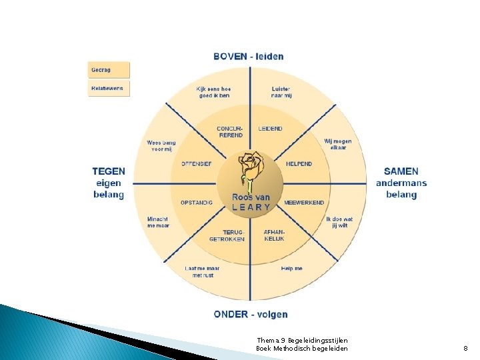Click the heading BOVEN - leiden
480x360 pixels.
coord(249,56)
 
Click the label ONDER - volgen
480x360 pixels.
coord(251,314)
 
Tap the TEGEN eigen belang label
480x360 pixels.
coord(109,183)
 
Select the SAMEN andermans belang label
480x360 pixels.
coord(401,183)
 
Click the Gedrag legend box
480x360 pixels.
coord(109,70)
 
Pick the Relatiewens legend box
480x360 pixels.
coord(109,88)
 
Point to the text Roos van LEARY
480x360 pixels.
coord(251,202)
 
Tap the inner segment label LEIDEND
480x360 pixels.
coord(270,129)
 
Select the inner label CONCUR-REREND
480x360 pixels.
coord(230,131)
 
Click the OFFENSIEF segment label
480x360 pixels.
coord(197,164)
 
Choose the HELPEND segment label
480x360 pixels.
coord(299,164)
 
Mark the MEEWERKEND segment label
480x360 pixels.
coord(304,203)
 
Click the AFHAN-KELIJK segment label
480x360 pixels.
coord(274,235)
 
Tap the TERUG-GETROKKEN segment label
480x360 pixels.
coord(227,235)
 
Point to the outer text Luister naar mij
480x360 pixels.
coord(281,92)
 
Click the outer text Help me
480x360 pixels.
coord(292,268)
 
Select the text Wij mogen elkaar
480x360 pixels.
coord(338,144)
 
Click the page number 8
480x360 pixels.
coord(466,348)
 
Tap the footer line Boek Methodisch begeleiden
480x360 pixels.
coord(301,349)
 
